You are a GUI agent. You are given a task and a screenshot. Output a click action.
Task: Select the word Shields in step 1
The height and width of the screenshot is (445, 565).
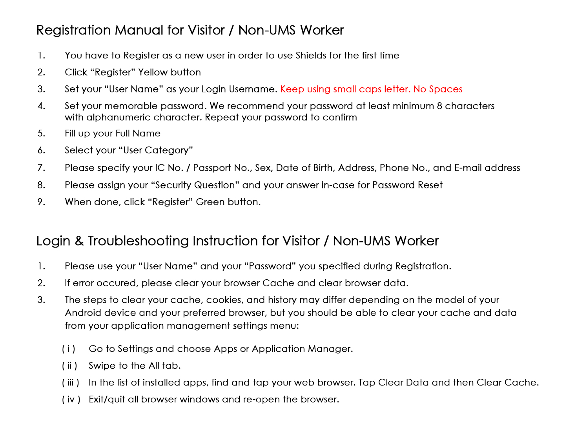point(311,55)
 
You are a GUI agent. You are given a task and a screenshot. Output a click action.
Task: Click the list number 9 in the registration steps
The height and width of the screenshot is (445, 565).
point(41,202)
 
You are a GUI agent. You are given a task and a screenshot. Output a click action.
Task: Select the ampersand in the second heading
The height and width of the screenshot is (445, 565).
point(79,241)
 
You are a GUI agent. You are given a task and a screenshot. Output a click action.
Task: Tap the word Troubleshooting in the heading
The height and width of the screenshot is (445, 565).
point(139,241)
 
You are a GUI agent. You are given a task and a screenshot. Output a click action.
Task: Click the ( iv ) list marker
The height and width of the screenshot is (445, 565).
point(71,399)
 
